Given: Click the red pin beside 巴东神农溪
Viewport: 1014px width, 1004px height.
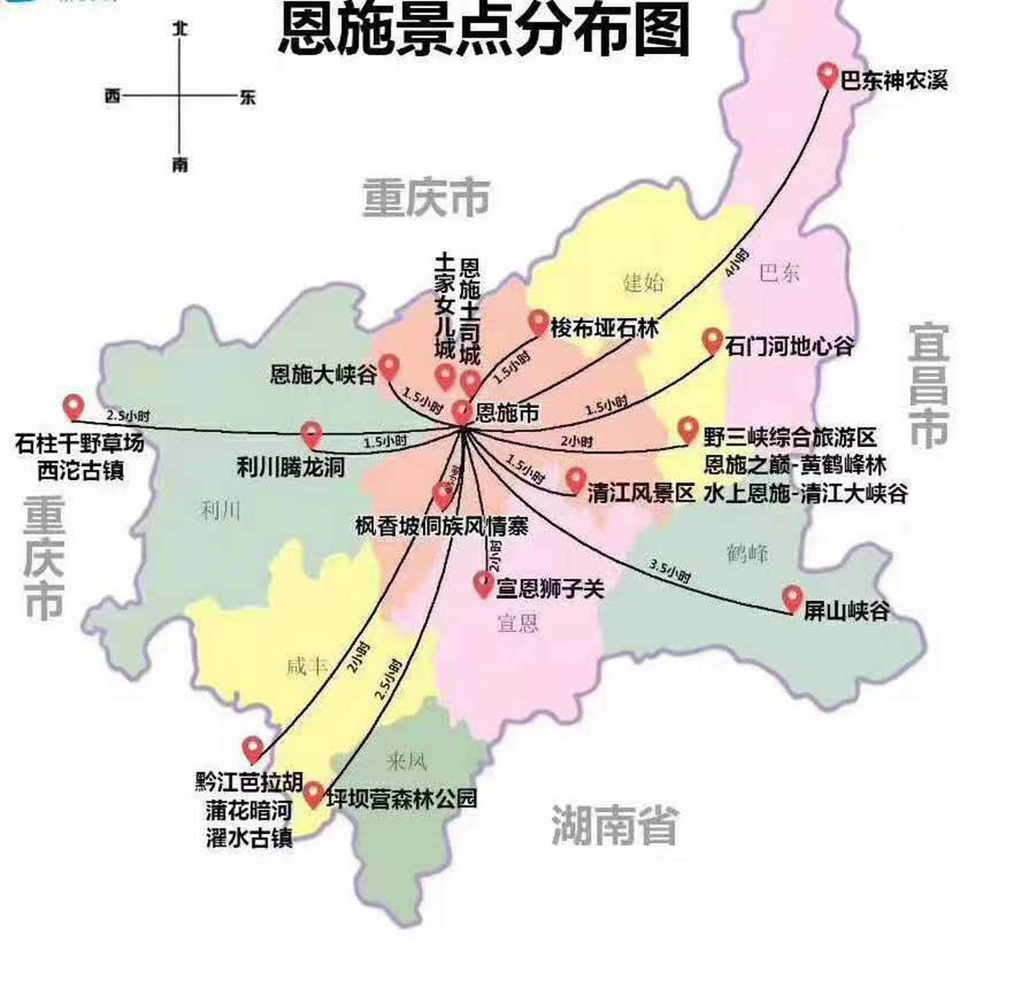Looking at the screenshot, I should click(x=826, y=76).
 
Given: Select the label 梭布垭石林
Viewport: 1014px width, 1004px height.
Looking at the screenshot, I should click(x=604, y=327).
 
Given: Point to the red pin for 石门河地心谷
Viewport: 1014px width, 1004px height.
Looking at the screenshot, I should click(x=712, y=340).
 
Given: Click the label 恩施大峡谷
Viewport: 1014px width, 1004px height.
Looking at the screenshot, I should click(x=323, y=374).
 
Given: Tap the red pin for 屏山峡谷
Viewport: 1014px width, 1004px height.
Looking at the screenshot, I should click(x=792, y=599).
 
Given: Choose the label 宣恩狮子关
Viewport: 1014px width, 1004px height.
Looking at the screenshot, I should click(x=549, y=587).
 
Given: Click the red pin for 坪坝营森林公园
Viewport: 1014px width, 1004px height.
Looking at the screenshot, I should click(x=313, y=795).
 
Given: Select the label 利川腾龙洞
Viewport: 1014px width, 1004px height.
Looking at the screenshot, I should click(x=290, y=467).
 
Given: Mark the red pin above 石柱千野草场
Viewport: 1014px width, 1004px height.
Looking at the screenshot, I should click(x=73, y=406).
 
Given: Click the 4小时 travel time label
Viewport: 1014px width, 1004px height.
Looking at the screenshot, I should click(x=737, y=264).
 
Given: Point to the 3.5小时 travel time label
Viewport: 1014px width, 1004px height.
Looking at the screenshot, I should click(x=669, y=571).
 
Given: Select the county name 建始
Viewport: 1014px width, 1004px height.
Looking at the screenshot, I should click(x=643, y=281).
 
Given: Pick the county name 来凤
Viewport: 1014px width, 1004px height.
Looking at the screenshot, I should click(x=406, y=760).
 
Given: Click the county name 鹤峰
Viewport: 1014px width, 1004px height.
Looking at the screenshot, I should click(x=747, y=554).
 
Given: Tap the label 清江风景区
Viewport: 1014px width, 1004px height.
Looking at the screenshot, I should click(x=641, y=493).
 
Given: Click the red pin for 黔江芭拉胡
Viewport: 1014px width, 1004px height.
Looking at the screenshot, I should click(x=253, y=749).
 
